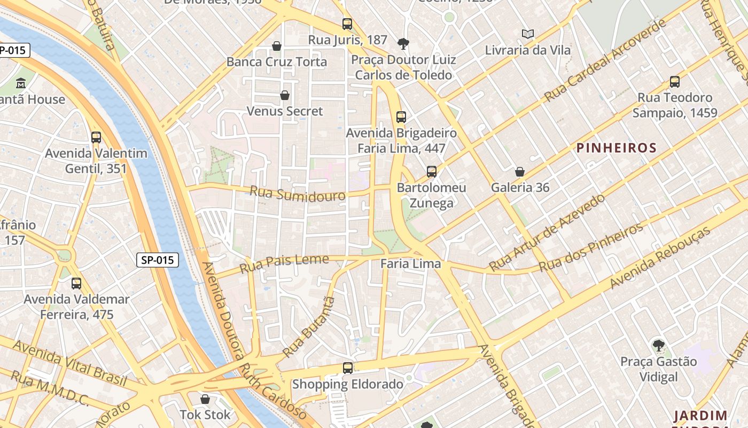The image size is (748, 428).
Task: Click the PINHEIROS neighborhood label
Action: pos(616,148)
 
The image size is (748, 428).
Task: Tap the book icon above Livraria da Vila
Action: pos(528,34)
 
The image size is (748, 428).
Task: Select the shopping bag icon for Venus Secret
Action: pos(285,95)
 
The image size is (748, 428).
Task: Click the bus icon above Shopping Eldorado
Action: pos(348,368)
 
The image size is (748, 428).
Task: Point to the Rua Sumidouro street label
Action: pos(297,194)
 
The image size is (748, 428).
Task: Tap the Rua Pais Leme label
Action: pos(284,263)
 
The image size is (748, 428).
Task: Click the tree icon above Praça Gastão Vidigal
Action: pos(659,346)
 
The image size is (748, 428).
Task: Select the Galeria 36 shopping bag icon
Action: pos(519,172)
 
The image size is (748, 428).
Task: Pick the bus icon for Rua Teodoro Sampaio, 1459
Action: pos(675,82)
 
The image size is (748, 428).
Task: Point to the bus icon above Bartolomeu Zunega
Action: pos(432,172)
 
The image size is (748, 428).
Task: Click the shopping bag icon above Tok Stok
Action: pos(205,399)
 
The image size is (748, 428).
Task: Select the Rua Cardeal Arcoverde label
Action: pos(606,60)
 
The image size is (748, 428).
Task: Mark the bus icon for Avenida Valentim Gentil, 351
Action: pos(96,137)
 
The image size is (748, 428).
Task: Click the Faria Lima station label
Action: pos(410,264)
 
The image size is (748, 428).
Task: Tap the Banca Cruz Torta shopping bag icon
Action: pos(277,46)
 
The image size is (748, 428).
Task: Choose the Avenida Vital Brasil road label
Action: pos(69,362)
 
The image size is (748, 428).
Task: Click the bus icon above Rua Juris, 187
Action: pos(347,24)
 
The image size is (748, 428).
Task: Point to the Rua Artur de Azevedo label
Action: pos(547,233)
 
